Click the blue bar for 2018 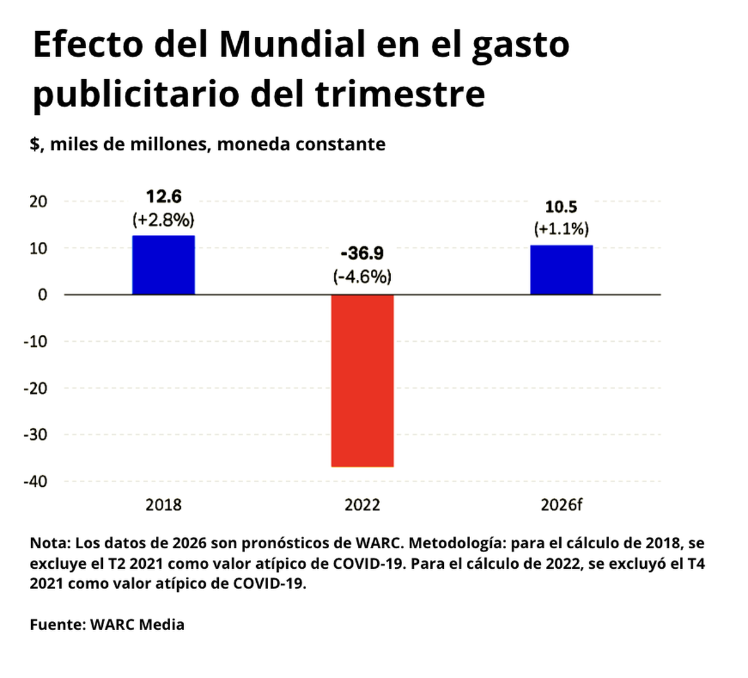coord(163,265)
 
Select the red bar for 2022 coord(362,380)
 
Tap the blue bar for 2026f coord(561,270)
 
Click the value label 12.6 coord(163,197)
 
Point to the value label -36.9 coord(362,254)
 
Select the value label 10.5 coord(561,207)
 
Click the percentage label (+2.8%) coord(163,220)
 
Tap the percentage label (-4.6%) coord(362,277)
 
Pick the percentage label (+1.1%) coord(561,230)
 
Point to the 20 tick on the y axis coord(39,201)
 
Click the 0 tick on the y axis coord(42,295)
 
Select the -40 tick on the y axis coord(36,482)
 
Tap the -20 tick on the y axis coord(36,388)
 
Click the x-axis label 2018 coord(163,505)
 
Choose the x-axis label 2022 coord(362,505)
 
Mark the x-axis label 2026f coord(561,505)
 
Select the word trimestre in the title coord(400,94)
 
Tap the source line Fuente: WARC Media coord(107,624)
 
